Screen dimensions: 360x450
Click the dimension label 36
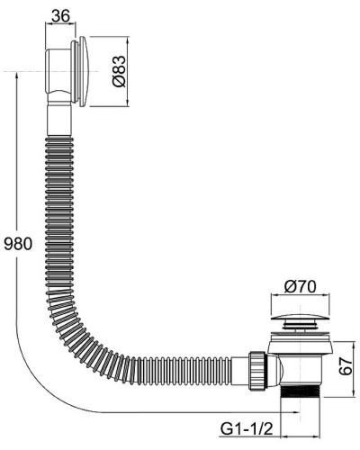pos(60,15)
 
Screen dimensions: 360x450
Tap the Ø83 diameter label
pos(119,71)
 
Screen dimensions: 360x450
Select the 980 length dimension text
pos(18,244)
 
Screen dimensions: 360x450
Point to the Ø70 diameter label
pos(300,286)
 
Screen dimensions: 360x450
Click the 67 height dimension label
pos(346,366)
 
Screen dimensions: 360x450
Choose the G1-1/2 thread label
pos(247,429)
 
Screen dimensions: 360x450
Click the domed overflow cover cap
pos(84,71)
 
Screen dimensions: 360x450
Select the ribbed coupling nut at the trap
pos(257,370)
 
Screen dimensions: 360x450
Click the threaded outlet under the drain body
pos(300,393)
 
